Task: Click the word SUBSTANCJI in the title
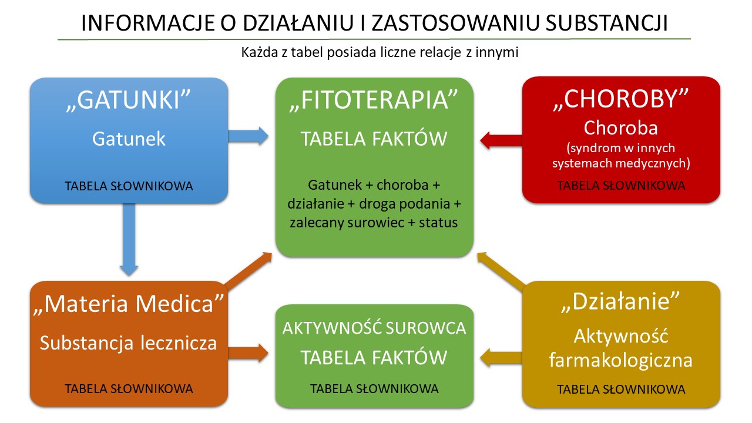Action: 607,23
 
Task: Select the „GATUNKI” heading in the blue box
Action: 129,100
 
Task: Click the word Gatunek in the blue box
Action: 129,138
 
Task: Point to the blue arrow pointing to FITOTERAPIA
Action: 248,136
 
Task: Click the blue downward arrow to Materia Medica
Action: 129,240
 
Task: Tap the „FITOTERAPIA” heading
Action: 374,100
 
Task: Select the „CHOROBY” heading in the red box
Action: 621,99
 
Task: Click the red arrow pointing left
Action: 501,140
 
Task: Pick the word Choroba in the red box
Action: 621,128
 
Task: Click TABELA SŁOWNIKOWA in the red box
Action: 621,185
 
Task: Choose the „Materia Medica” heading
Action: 129,304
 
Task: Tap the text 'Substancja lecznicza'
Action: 129,343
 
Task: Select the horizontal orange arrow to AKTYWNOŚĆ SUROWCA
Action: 248,353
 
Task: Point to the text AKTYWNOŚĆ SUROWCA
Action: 374,328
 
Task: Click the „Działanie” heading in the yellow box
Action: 621,301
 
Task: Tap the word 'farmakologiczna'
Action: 621,360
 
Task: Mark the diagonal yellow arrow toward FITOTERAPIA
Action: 502,271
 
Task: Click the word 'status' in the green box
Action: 438,223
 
